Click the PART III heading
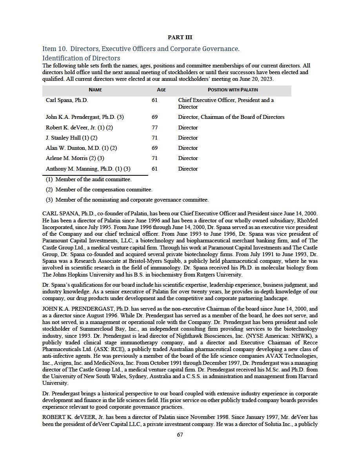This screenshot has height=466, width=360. [180, 38]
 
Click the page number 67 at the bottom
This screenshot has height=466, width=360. [180, 435]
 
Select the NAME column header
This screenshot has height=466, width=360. [95, 90]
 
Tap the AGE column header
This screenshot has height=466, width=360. [161, 90]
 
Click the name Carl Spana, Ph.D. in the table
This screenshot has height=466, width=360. [67, 100]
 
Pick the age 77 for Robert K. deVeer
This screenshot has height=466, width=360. [155, 127]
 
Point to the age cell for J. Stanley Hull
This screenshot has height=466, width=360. [155, 138]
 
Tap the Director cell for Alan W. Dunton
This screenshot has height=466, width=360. [188, 148]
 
